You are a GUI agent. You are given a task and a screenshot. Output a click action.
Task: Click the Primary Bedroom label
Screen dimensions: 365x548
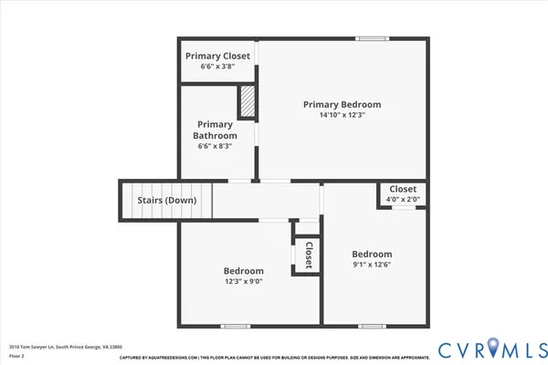(x=342, y=105)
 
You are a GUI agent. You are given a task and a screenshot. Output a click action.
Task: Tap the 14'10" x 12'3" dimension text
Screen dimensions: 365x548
(x=342, y=116)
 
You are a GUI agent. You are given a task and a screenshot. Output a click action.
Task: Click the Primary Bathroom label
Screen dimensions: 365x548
(x=216, y=130)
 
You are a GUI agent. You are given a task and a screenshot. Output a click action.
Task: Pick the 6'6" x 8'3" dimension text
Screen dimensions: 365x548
(x=216, y=146)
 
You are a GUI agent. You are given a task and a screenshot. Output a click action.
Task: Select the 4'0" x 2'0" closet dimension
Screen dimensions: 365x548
(x=403, y=199)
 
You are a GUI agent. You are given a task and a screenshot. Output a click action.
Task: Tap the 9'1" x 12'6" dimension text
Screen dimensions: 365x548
(x=373, y=266)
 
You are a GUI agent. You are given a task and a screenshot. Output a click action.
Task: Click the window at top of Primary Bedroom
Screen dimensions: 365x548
(x=370, y=38)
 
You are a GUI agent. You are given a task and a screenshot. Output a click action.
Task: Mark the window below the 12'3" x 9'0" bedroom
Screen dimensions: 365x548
(x=235, y=326)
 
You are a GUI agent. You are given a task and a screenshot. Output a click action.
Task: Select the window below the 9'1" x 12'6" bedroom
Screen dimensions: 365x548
(x=370, y=326)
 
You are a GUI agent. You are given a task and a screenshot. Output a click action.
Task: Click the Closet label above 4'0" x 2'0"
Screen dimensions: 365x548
(x=403, y=189)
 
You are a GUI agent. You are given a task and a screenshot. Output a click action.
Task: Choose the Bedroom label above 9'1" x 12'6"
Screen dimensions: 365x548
(x=373, y=255)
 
